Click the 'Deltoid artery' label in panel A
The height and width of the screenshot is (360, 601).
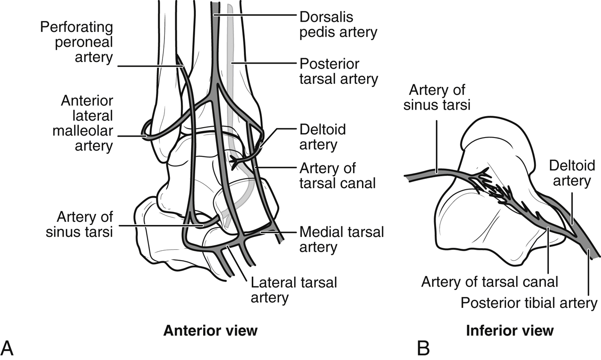(323, 137)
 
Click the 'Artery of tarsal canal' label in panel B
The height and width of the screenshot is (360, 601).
(490, 282)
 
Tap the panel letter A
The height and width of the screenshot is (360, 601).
(8, 348)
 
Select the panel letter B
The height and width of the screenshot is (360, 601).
(424, 348)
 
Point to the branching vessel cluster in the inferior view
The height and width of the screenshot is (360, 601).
(497, 191)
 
